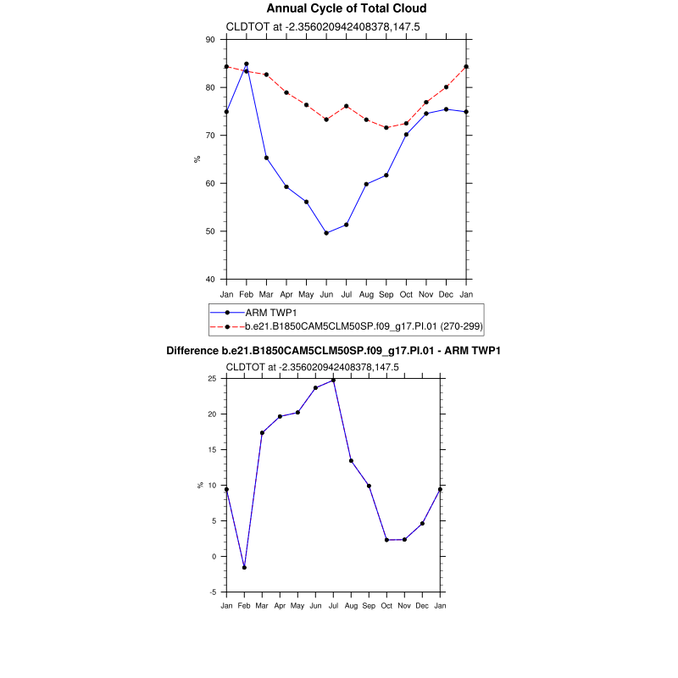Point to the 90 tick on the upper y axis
[x=210, y=40]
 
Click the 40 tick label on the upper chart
[x=210, y=279]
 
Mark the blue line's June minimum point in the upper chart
[x=326, y=233]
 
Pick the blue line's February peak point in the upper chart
[x=247, y=64]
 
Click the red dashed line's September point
[x=386, y=128]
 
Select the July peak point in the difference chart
[x=333, y=381]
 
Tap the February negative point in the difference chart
[x=244, y=567]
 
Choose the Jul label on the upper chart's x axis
[x=347, y=293]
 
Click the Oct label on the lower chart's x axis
[x=386, y=606]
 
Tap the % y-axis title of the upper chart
[x=196, y=159]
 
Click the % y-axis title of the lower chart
[x=200, y=486]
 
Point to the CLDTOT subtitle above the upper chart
[x=313, y=27]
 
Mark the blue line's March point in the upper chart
[x=266, y=158]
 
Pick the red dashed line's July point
[x=347, y=106]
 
